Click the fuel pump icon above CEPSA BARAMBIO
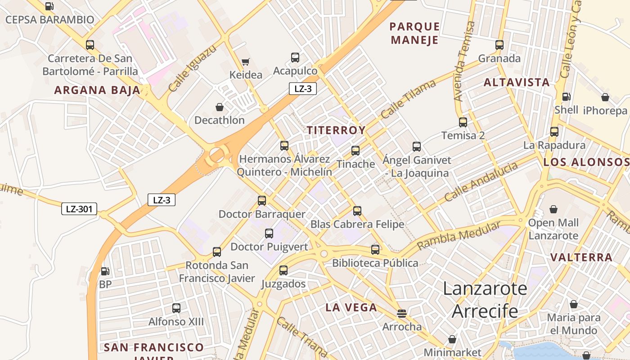(x=49, y=6)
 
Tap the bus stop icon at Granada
(x=499, y=45)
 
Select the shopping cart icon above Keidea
(x=245, y=62)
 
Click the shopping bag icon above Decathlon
(x=220, y=107)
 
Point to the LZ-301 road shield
(x=79, y=209)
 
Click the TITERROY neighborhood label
(x=336, y=130)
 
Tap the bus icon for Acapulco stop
(x=295, y=58)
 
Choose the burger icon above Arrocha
(x=402, y=313)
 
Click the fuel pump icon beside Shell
(x=566, y=97)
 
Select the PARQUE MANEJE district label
(x=415, y=33)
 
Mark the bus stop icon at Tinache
(x=355, y=151)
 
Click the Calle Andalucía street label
(x=481, y=182)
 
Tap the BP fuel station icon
(x=105, y=271)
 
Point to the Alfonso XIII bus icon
(x=176, y=308)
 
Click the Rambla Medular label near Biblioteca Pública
(x=458, y=236)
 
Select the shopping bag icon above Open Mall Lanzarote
(x=553, y=210)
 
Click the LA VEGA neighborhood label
(x=351, y=308)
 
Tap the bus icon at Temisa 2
(x=463, y=122)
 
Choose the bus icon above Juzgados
(x=283, y=270)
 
